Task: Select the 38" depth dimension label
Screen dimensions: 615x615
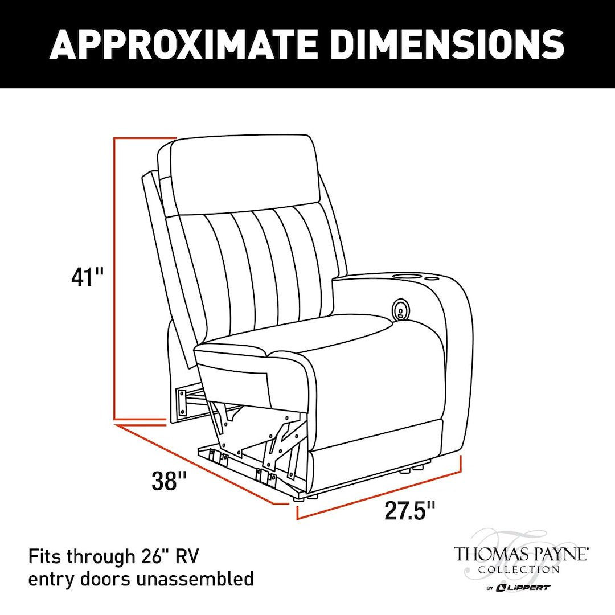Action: click(x=169, y=482)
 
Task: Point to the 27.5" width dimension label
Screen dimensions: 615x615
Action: click(x=410, y=510)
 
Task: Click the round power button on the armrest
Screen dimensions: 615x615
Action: click(x=400, y=310)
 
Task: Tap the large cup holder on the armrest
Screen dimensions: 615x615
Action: click(x=407, y=278)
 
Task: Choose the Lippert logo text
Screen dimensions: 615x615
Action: click(x=523, y=587)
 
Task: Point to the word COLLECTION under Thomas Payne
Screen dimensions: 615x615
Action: click(x=519, y=569)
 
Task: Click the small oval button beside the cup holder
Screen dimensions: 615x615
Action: click(x=432, y=279)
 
